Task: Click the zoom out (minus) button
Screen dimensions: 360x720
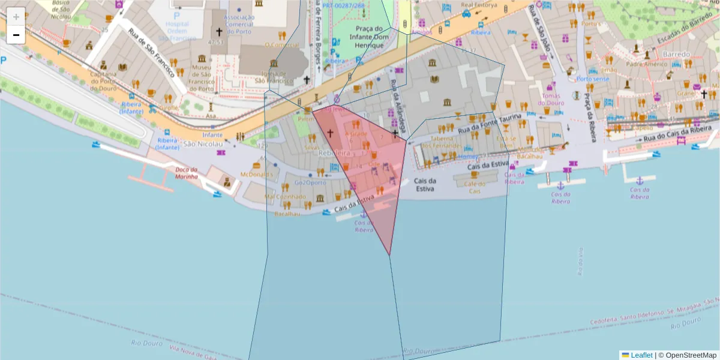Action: [16, 35]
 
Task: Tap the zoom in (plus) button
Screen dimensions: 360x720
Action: [16, 17]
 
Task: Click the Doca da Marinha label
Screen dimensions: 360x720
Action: [187, 173]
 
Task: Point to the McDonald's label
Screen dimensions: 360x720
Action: [256, 174]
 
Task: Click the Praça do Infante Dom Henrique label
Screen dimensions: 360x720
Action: [368, 37]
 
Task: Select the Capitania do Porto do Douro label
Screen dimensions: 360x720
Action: [103, 81]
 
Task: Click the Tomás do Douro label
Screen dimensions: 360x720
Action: [551, 99]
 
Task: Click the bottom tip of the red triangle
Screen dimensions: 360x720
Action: [390, 255]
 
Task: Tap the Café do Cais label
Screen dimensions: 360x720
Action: [475, 187]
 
